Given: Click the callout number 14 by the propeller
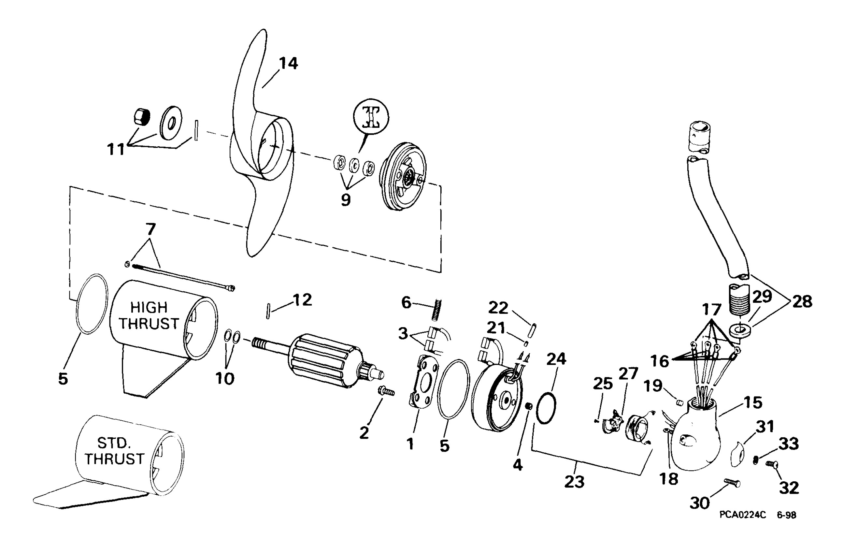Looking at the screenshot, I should point(288,64).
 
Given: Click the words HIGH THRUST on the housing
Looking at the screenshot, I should point(149,315).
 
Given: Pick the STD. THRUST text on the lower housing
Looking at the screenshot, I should point(114,451).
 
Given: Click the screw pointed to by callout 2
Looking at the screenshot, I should point(386,392).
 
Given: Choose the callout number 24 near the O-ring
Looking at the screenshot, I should point(556,359).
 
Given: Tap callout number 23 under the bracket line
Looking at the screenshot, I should point(574,481).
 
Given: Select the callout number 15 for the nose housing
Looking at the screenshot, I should point(753,402).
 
